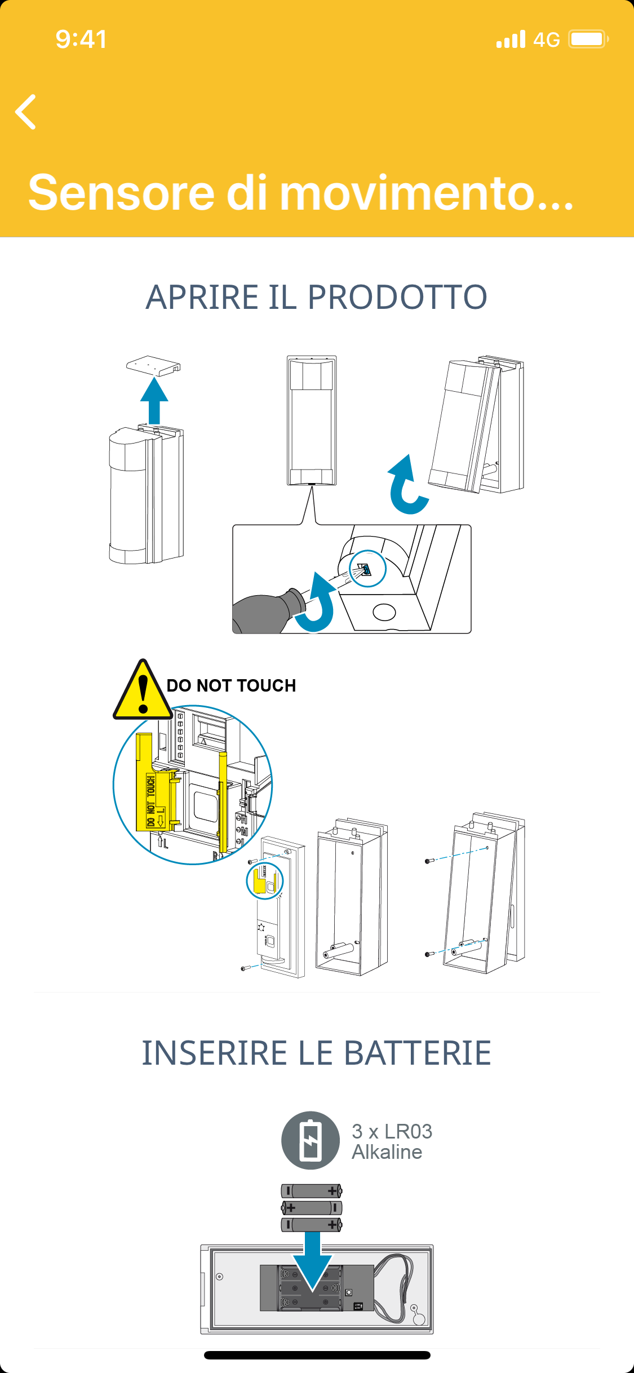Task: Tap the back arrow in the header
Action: [x=26, y=112]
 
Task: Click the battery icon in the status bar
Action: [x=588, y=39]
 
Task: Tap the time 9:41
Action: [x=81, y=39]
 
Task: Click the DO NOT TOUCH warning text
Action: [x=231, y=685]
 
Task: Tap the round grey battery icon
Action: [x=311, y=1140]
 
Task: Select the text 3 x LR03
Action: [x=392, y=1131]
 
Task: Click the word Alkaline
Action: [x=387, y=1152]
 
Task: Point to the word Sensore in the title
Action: [x=121, y=193]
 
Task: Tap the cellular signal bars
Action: [x=511, y=39]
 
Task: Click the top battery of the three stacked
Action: [x=311, y=1191]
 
